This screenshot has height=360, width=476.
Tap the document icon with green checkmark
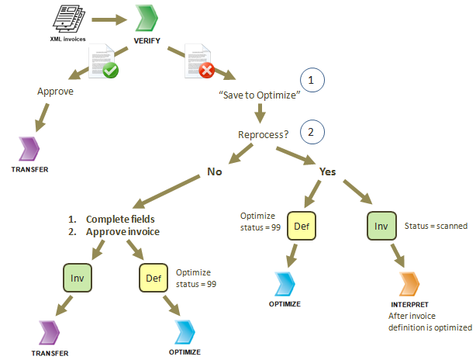[x=103, y=62]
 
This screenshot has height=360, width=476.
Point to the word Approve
[x=55, y=91]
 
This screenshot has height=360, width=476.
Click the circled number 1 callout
[x=311, y=81]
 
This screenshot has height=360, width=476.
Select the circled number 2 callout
[x=311, y=131]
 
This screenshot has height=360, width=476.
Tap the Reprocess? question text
[x=263, y=134]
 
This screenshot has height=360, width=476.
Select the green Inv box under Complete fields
[x=75, y=276]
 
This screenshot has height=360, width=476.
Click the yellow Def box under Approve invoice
[x=154, y=276]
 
